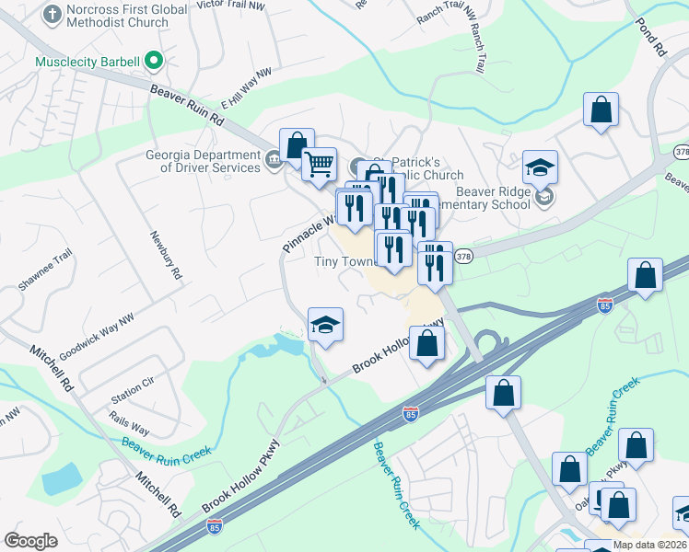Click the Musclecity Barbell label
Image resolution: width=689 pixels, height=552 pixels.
point(87,63)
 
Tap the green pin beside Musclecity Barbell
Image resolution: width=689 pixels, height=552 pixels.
point(154,63)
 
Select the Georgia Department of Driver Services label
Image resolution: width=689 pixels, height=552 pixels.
point(203,161)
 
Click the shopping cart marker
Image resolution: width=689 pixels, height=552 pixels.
point(319,166)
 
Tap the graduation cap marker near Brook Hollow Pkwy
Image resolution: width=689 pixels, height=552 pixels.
point(325,326)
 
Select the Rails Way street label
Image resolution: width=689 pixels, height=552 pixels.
point(128,429)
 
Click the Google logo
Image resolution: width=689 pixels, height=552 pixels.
point(30,541)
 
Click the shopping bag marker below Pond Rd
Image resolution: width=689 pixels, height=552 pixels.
point(601,110)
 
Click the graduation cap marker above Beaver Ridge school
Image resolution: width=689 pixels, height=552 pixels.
point(540,167)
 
